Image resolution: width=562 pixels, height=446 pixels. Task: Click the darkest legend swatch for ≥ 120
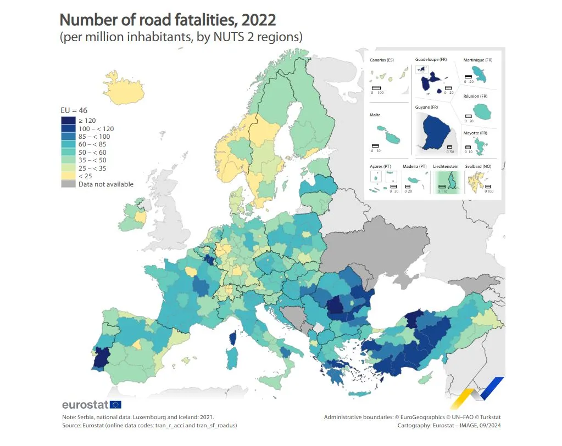click(x=68, y=120)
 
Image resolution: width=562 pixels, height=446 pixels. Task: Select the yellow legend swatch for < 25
click(x=68, y=176)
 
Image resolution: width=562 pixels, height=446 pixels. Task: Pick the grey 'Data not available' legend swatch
click(x=68, y=184)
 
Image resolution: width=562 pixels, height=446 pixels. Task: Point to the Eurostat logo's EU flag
click(x=116, y=405)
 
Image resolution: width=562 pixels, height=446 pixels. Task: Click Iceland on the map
click(x=124, y=88)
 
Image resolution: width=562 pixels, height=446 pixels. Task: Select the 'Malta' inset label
click(x=376, y=115)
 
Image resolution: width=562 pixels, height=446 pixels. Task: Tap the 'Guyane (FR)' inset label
click(x=426, y=107)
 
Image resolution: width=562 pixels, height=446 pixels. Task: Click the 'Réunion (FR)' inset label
click(x=475, y=96)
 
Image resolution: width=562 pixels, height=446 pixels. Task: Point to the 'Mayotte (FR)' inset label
click(x=475, y=133)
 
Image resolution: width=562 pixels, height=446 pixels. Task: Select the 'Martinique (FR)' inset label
click(x=478, y=59)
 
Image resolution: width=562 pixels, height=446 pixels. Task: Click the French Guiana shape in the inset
click(x=434, y=132)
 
